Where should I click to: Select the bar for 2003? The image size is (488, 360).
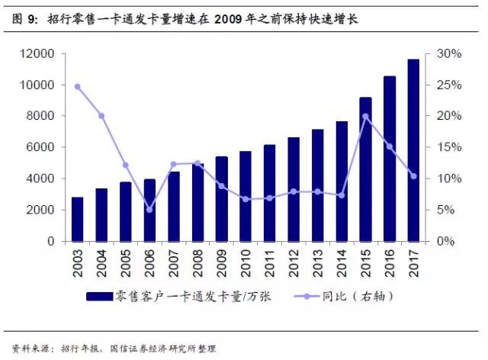77,219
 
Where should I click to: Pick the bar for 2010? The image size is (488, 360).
246,196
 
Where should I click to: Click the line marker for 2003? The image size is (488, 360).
77,87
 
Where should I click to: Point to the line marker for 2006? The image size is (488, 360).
149,210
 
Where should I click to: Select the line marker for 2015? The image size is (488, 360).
365,117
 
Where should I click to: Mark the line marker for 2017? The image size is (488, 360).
413,176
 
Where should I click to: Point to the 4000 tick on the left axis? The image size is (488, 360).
39,178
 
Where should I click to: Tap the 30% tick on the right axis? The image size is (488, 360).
449,54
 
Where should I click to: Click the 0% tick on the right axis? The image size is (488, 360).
448,241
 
